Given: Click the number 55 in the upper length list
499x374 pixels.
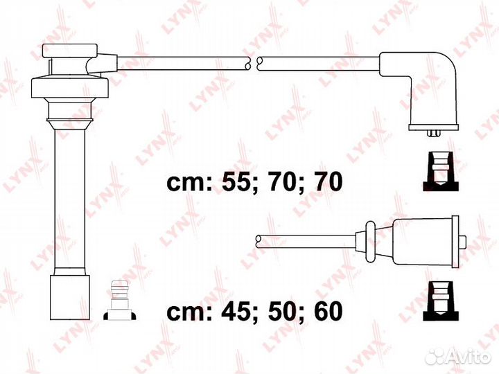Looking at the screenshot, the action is click(x=235, y=182).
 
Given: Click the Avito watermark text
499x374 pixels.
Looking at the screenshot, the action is click(x=464, y=356).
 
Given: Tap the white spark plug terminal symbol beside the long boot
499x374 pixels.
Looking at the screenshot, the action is click(x=120, y=300).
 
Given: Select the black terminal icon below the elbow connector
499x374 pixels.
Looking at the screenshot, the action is click(x=441, y=171).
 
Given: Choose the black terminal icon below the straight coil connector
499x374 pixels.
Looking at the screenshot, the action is click(x=441, y=301).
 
